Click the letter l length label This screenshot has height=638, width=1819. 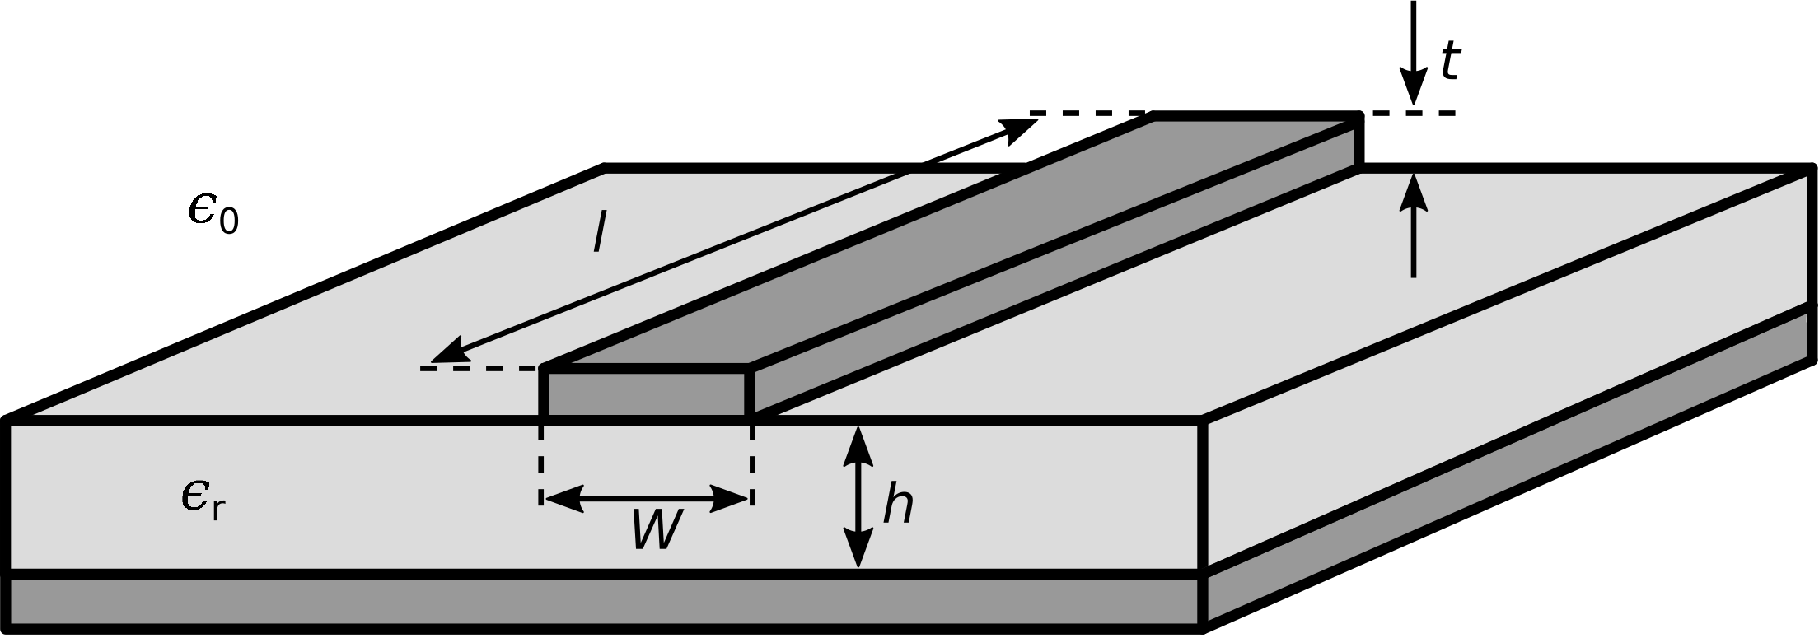click(x=599, y=234)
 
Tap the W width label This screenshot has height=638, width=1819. click(x=657, y=530)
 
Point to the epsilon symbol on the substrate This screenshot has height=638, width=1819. click(x=194, y=496)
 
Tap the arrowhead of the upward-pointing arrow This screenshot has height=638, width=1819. click(x=1414, y=189)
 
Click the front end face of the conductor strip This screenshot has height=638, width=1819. click(x=646, y=394)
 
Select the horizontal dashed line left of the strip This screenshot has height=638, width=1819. click(x=478, y=368)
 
